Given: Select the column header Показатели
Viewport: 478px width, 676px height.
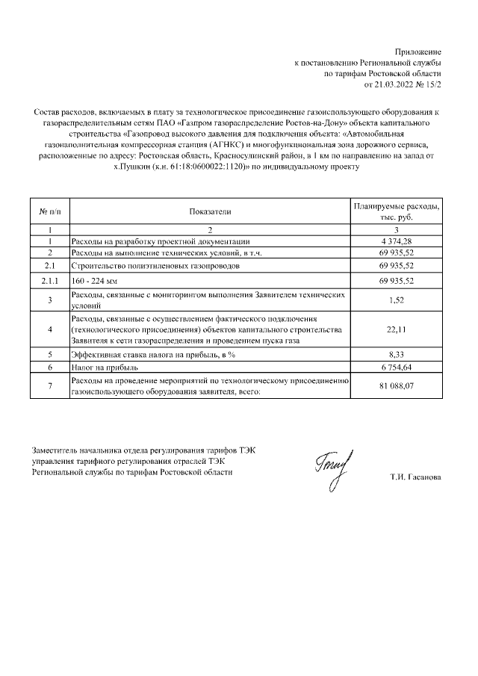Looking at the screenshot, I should [210, 211].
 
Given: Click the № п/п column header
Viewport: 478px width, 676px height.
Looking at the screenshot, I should [49, 211].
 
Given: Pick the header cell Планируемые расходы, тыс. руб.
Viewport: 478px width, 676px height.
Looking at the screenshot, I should [397, 211].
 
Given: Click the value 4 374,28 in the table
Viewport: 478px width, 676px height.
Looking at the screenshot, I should [397, 241].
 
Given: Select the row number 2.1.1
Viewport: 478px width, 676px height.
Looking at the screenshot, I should [49, 280].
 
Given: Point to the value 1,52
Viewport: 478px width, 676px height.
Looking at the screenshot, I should [397, 300].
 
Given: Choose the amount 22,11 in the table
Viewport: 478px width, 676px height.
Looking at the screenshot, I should [397, 330].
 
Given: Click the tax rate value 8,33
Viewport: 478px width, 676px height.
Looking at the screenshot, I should [397, 355].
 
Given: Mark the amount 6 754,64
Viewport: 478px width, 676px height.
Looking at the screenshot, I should [397, 368].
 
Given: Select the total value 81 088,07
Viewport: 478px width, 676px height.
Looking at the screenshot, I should [397, 386].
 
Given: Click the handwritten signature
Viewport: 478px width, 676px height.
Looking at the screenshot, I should [333, 468].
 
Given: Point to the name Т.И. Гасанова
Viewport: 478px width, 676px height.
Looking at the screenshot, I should [415, 476].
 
